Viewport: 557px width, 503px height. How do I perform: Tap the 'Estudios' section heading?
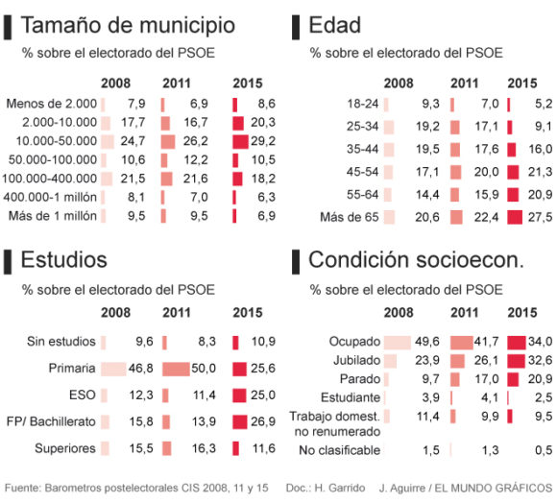[65, 259]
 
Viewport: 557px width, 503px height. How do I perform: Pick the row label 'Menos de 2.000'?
[51, 104]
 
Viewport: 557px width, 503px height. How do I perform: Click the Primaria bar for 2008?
[113, 369]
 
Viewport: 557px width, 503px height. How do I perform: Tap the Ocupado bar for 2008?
[397, 342]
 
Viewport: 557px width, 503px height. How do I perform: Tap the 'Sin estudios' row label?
[61, 342]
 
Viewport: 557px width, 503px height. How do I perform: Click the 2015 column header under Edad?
[521, 84]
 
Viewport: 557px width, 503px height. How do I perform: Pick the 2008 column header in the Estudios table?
[117, 312]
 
